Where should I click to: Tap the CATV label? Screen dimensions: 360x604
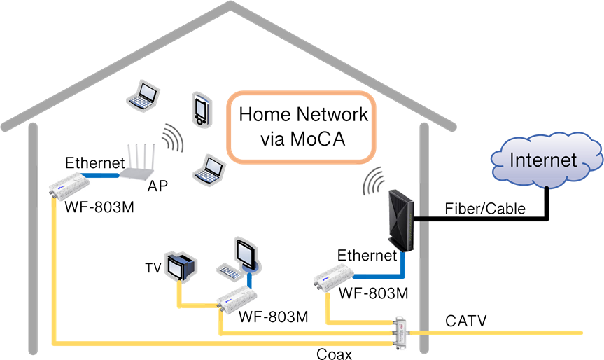click(x=466, y=321)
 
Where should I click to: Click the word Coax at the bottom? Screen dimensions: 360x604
click(x=333, y=353)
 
